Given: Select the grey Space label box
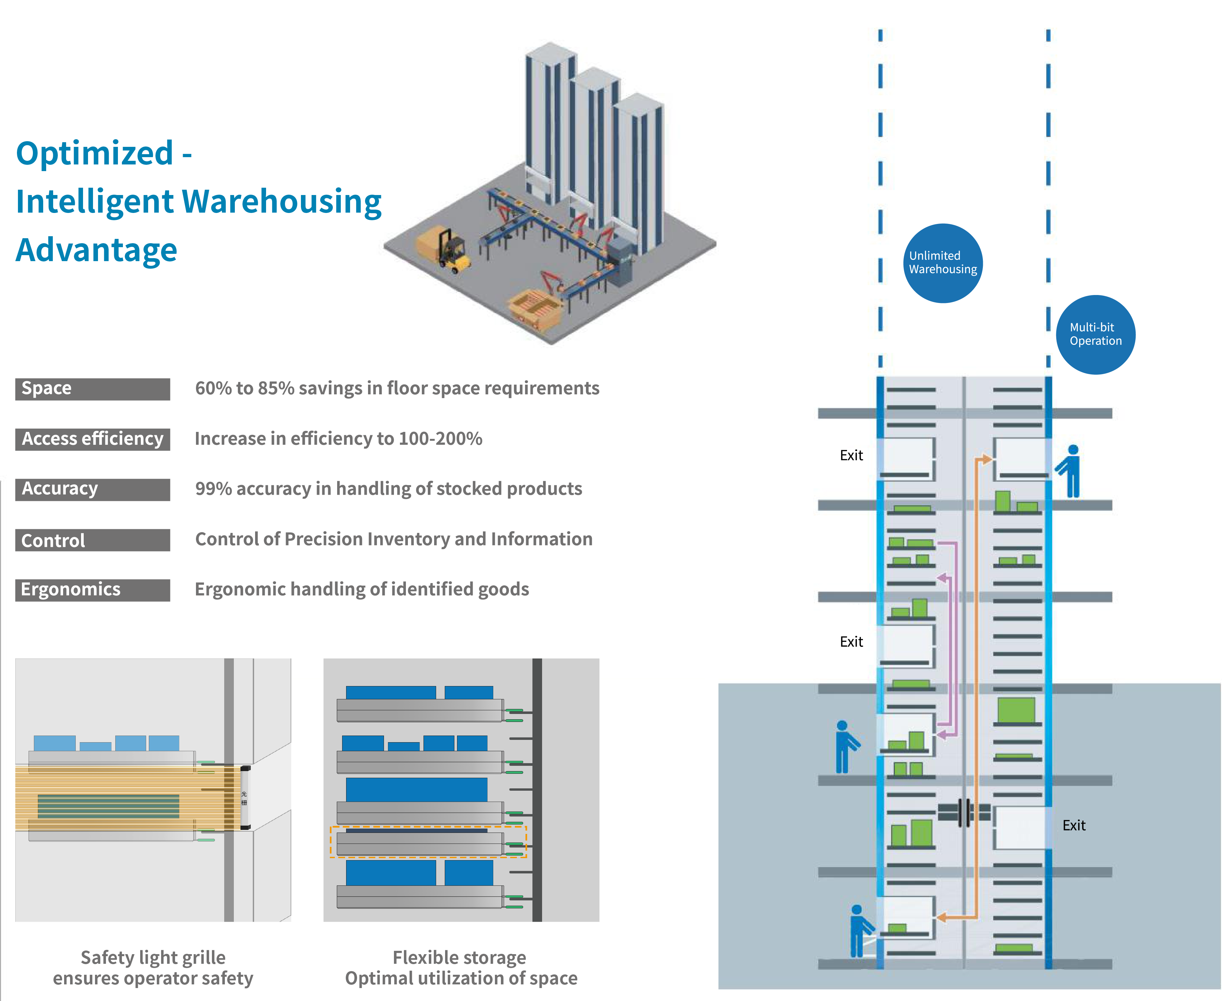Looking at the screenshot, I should coord(92,389).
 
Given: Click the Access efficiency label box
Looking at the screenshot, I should coord(92,439).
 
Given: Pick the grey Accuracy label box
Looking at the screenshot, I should coord(92,489).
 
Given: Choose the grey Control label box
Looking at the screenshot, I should coord(92,540).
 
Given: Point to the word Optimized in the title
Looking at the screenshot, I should coord(95,153).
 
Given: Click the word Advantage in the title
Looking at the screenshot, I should coord(96,250).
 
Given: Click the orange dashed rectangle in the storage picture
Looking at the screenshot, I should coord(428,842).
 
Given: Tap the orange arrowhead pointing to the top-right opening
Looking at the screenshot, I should coord(986,459).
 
